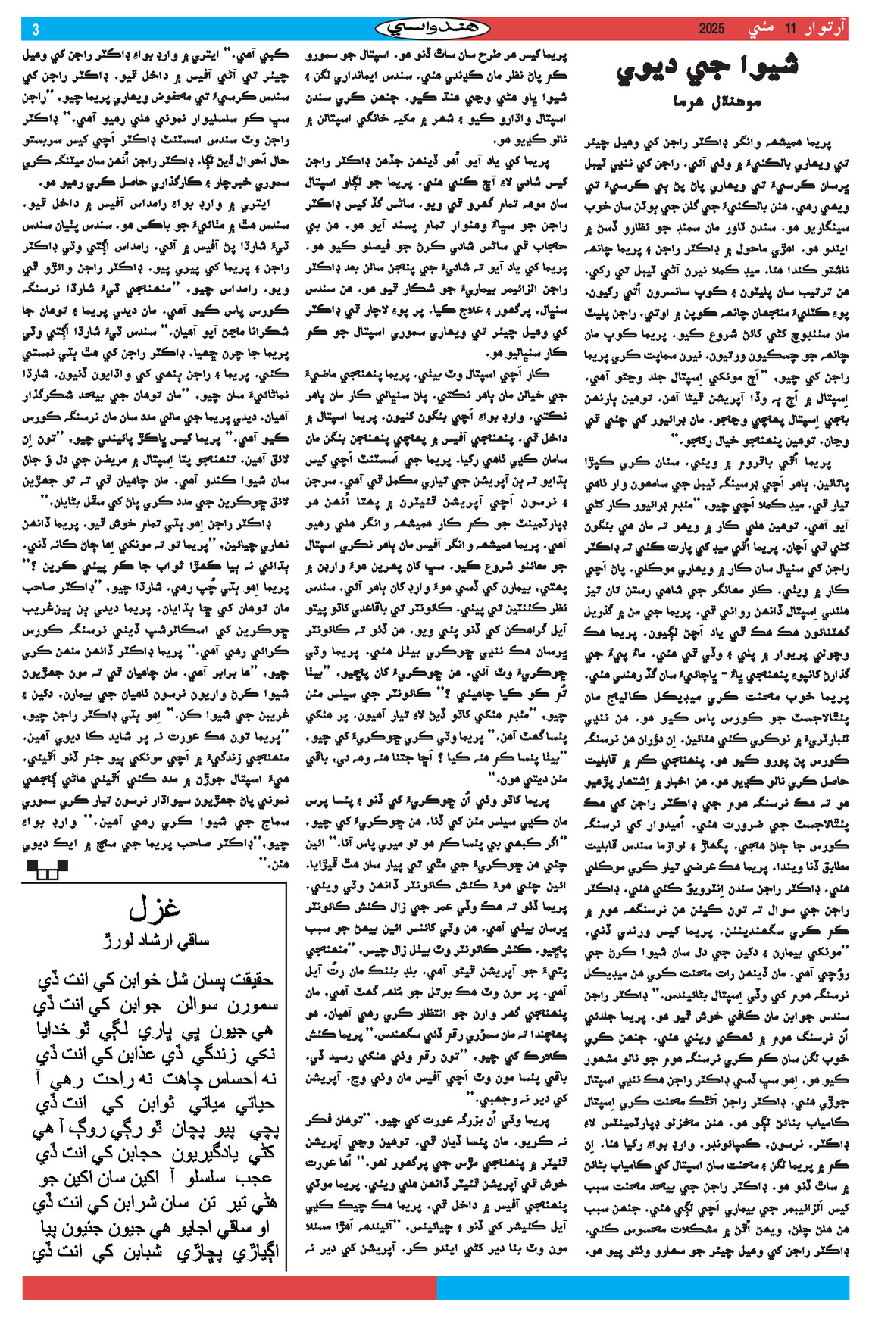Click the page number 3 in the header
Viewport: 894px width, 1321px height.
[35, 30]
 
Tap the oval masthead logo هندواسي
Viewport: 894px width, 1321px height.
[433, 29]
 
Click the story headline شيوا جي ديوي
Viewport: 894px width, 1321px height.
[707, 70]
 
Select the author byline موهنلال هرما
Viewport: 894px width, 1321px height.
[716, 101]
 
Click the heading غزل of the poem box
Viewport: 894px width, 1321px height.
[155, 907]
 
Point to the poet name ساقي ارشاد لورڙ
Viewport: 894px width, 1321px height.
[156, 940]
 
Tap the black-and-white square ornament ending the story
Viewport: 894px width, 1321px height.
[47, 870]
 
